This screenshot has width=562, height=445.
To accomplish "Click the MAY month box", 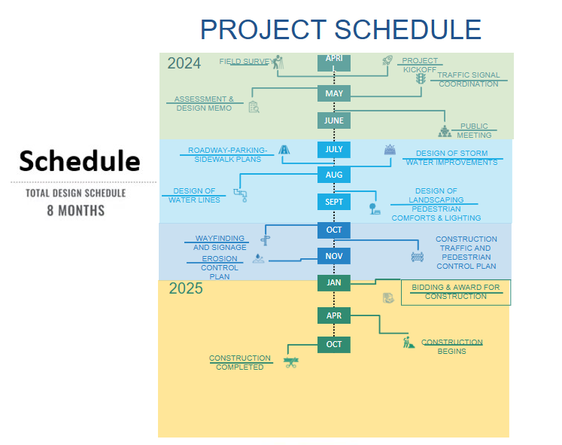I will [334, 93].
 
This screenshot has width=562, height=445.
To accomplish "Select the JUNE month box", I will [334, 120].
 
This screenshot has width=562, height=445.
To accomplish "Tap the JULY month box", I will [334, 149].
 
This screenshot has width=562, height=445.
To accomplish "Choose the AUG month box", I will [334, 175].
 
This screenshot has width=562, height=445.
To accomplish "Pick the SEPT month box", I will [334, 202].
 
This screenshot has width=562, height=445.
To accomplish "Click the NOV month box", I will [334, 256].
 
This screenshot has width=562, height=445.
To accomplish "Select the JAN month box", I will [334, 282].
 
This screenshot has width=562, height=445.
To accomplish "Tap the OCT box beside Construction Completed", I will [334, 344].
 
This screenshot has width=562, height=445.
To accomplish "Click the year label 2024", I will [184, 63].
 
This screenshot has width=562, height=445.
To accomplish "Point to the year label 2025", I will [186, 288].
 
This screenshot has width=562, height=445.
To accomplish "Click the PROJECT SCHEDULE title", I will [340, 29].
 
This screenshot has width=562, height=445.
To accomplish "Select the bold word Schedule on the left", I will [80, 160].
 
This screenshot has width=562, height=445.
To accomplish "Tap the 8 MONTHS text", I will [75, 210].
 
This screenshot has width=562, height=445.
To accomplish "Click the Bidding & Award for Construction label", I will [455, 292].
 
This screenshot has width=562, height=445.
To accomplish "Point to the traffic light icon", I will [421, 79].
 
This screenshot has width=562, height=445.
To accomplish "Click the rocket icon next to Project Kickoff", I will [387, 61].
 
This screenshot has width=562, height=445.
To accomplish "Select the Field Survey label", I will [245, 61].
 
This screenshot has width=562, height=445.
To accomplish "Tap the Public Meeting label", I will [474, 131].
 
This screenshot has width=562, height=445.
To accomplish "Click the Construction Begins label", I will [451, 346].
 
